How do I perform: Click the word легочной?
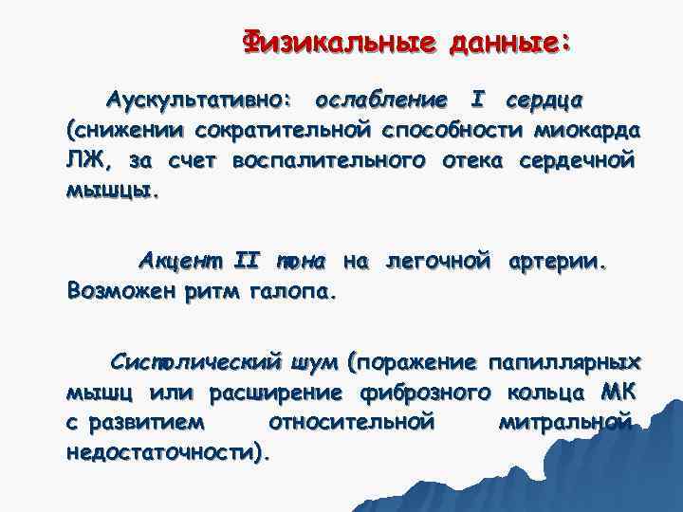click(437, 260)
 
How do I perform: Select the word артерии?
click(555, 260)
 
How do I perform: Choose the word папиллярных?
click(563, 361)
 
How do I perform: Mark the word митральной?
click(564, 422)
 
